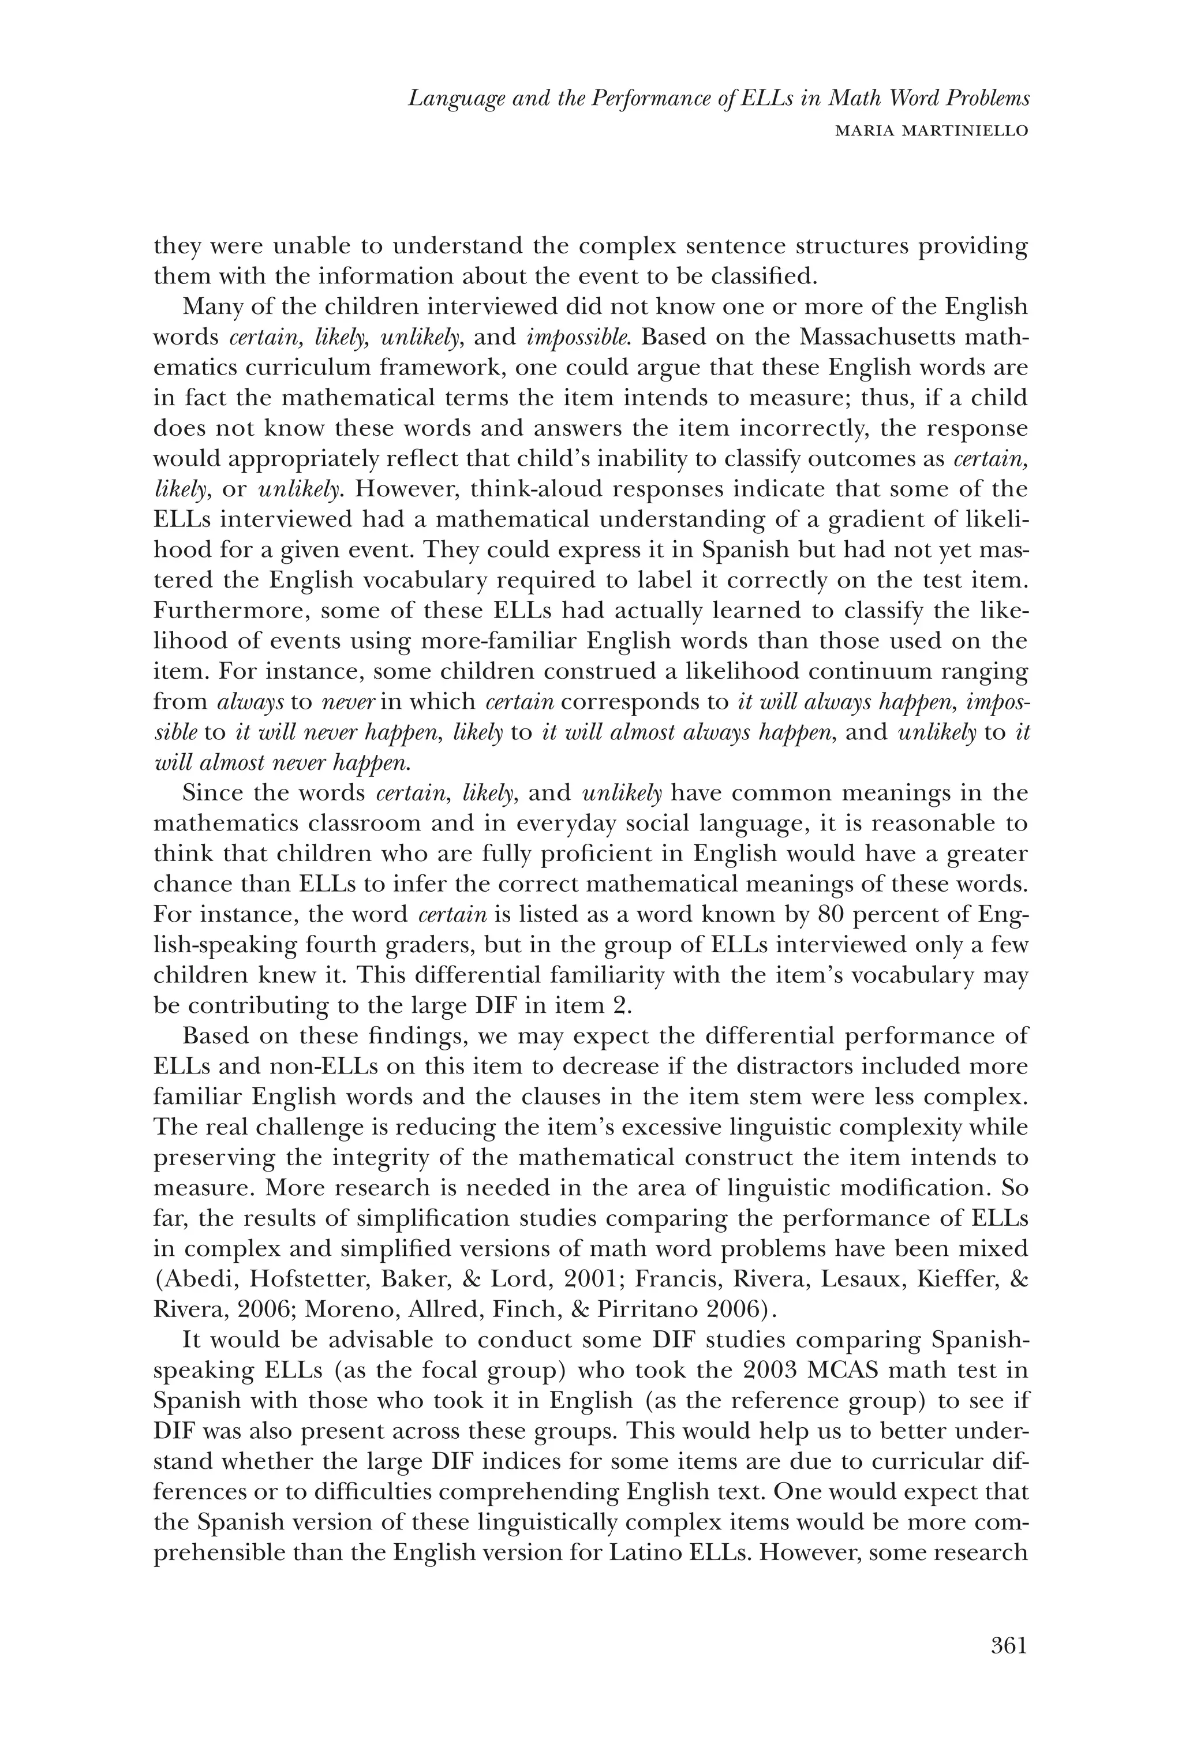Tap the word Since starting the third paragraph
[214, 792]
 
